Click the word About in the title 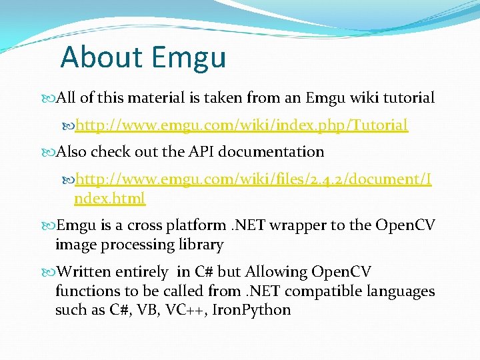100,57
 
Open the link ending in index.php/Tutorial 241,125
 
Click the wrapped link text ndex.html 109,198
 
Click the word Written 84,272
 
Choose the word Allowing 275,272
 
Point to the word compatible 320,291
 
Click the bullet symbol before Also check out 50,152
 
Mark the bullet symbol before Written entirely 50,272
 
